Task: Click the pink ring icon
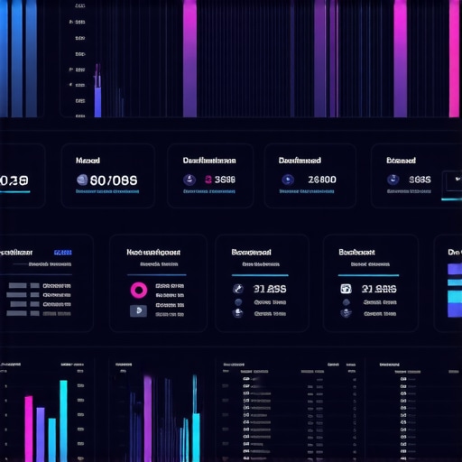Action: point(140,290)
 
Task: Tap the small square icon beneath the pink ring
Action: point(138,311)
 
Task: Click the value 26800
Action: point(321,180)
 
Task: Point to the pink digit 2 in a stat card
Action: point(208,180)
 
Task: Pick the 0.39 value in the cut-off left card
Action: point(14,180)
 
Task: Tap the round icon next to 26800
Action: point(288,180)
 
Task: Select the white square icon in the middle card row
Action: point(346,289)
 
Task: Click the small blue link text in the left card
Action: point(63,253)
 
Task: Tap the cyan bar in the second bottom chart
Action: point(195,437)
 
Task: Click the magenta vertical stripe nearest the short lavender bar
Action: point(189,59)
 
